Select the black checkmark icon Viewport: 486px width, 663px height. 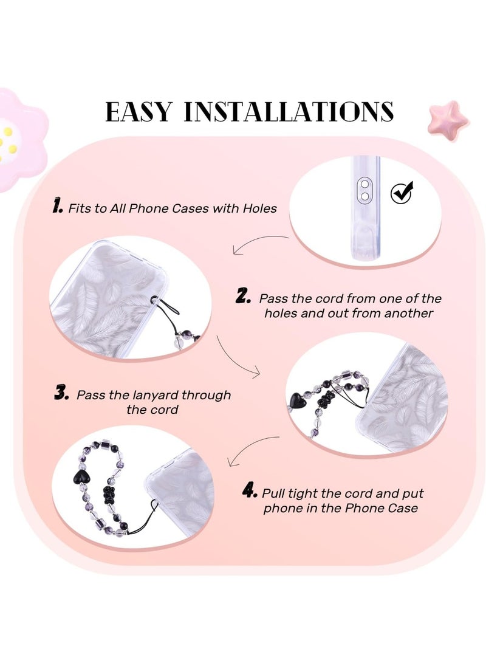(x=402, y=193)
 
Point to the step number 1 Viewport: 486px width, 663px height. (x=58, y=207)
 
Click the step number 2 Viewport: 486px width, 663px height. (x=243, y=297)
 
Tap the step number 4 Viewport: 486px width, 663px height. (x=249, y=491)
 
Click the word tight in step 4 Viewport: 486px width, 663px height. (x=307, y=493)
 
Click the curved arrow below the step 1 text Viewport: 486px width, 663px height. (x=258, y=242)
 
